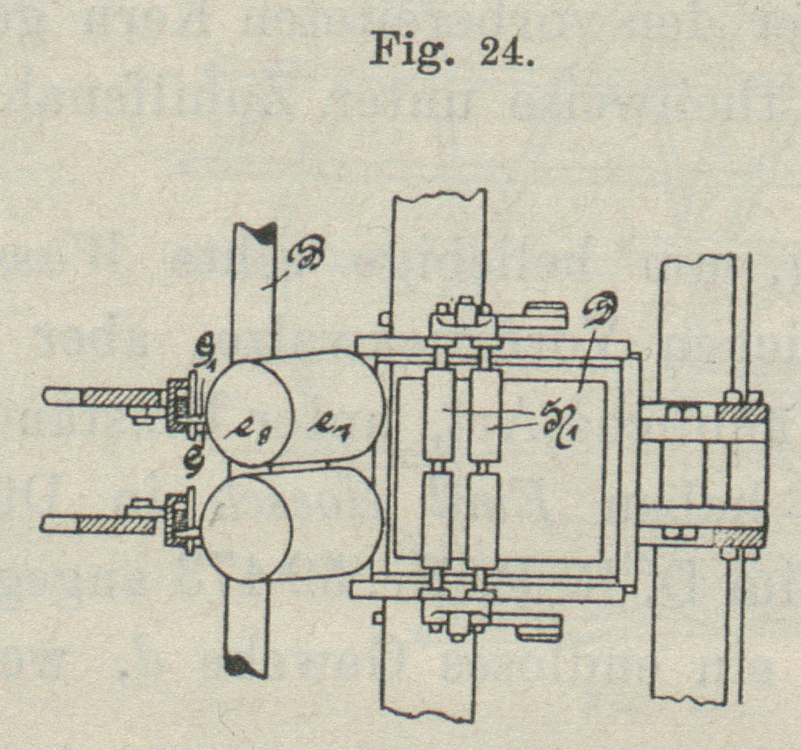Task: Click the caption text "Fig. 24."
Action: pos(450,51)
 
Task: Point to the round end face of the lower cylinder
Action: pos(247,527)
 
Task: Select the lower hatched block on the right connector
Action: pos(738,536)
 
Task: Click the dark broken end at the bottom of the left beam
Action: pos(245,664)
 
